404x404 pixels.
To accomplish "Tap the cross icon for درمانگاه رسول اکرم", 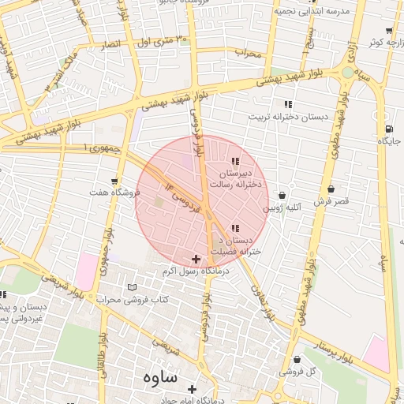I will point(196,259).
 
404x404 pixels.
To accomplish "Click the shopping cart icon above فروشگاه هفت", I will point(115,181).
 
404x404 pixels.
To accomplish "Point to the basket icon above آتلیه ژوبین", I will point(282,196).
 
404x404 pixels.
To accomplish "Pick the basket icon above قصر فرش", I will point(331,189).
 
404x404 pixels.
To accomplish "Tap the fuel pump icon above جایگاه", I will point(388,129).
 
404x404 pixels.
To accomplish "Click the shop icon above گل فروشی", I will point(297,360).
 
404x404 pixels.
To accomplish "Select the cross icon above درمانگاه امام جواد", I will point(193,389).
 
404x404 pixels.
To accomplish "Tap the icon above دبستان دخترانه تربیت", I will point(288,104).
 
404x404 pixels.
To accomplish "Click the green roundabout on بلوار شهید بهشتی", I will point(348,73).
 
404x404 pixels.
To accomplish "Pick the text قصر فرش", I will point(331,202).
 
